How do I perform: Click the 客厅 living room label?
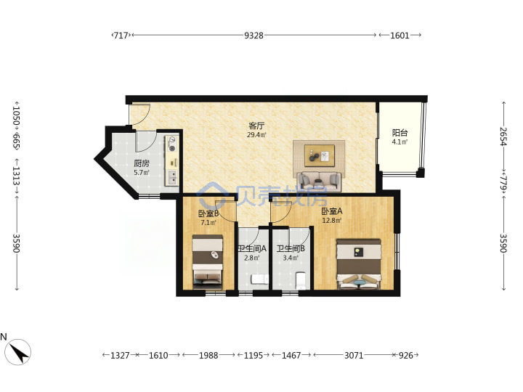tap(256, 126)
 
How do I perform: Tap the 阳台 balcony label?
tap(400, 133)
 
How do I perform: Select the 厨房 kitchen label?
tap(142, 163)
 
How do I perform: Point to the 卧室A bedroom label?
tap(331, 211)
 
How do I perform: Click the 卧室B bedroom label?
tap(208, 213)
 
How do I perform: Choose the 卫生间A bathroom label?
tap(252, 249)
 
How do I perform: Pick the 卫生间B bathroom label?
tap(291, 249)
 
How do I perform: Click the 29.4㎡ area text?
tap(256, 135)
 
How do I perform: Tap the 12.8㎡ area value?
tap(331, 221)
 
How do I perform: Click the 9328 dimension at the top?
tap(254, 35)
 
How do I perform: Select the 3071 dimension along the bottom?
tap(354, 355)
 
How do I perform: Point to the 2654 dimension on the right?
tap(503, 136)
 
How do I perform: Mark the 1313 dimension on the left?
tap(16, 176)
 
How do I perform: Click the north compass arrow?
tap(19, 353)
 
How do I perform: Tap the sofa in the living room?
tap(320, 181)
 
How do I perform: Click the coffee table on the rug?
tap(320, 155)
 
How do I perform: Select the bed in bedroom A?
tap(359, 264)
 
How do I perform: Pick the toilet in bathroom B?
tap(301, 281)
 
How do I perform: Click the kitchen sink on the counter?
tap(172, 178)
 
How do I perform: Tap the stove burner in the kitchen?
tap(172, 144)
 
